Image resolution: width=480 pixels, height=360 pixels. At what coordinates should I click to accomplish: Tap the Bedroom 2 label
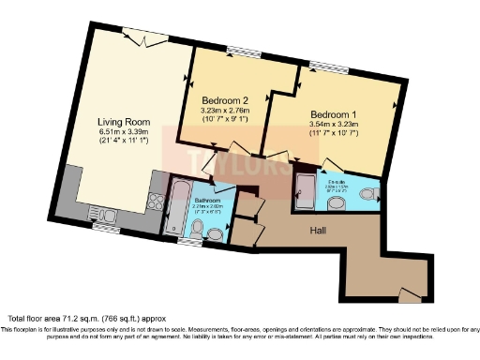225,100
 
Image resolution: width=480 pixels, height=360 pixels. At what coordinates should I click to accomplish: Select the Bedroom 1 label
335,114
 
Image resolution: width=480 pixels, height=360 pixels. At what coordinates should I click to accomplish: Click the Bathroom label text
207,200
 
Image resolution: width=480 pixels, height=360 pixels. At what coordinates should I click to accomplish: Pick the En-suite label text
335,182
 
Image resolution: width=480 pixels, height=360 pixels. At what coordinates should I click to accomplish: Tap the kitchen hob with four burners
153,201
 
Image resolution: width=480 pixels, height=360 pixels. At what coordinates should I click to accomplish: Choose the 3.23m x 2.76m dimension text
225,110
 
